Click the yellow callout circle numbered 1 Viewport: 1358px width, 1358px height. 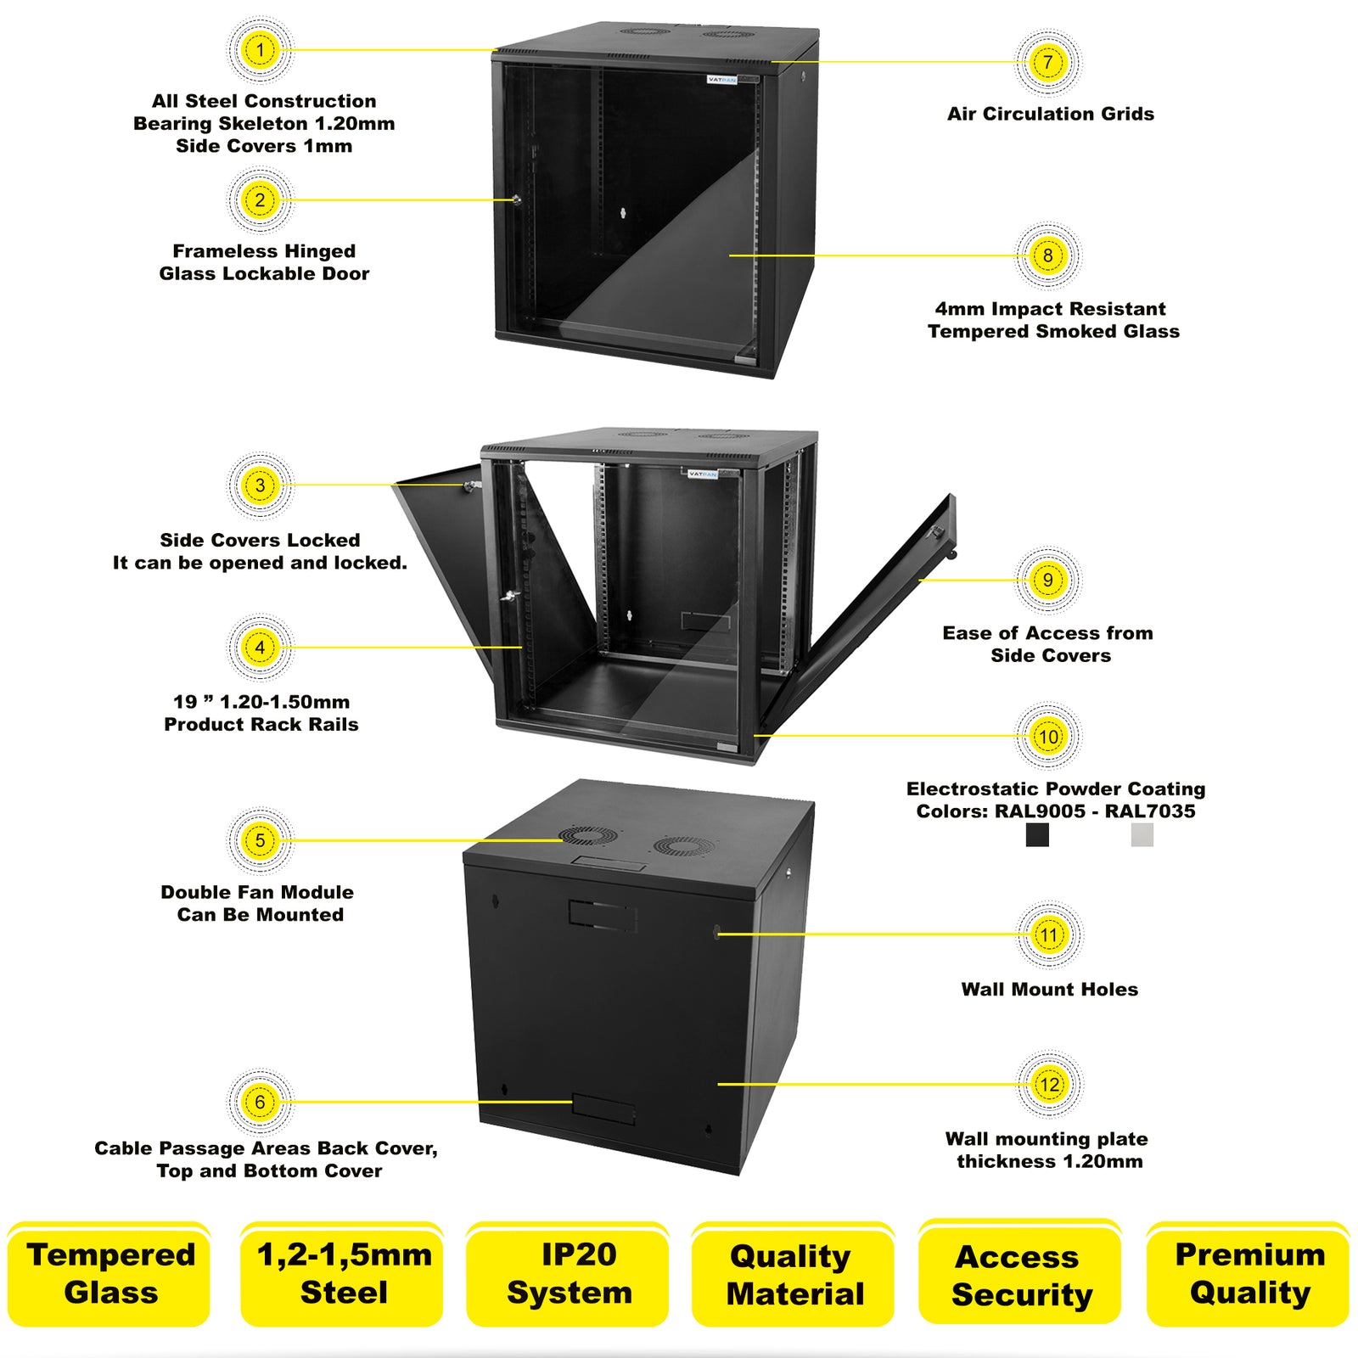(x=260, y=50)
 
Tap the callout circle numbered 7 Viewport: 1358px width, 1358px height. (x=1048, y=62)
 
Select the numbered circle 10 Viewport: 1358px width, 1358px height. (x=1048, y=736)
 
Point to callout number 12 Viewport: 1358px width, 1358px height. (x=1050, y=1084)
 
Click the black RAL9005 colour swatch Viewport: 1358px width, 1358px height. (x=1037, y=835)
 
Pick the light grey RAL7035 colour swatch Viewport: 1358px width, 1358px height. (x=1142, y=835)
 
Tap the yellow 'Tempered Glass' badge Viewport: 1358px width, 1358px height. (x=109, y=1274)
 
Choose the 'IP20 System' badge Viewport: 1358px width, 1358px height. (x=568, y=1274)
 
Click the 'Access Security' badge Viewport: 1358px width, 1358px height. (x=1020, y=1274)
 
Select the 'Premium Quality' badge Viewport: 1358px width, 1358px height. (x=1249, y=1274)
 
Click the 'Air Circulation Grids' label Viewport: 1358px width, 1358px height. (x=1050, y=114)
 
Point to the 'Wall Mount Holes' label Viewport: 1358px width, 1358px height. (x=1049, y=989)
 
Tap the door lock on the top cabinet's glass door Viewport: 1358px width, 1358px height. (x=516, y=200)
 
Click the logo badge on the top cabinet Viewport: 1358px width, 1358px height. (x=722, y=80)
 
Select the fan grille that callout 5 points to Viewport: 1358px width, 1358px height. (x=585, y=836)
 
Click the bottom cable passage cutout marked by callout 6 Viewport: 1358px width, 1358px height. (x=603, y=1108)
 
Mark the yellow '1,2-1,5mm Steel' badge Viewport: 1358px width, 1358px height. (x=343, y=1274)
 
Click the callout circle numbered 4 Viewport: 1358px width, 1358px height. (x=260, y=648)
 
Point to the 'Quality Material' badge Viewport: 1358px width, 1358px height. (x=794, y=1274)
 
